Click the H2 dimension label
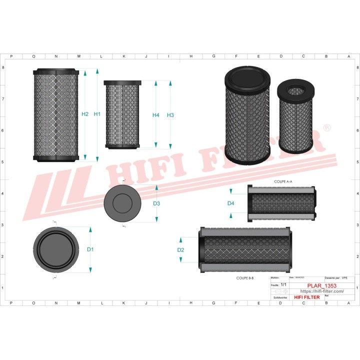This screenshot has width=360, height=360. click(85, 114)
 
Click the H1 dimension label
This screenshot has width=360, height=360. click(97, 114)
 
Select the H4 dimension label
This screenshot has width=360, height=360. click(156, 115)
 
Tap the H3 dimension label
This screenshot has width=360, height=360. click(170, 115)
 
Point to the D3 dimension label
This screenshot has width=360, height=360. click(156, 203)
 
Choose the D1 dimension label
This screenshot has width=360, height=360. click(90, 249)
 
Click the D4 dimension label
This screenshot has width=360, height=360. click(230, 203)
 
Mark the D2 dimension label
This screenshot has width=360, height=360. click(181, 249)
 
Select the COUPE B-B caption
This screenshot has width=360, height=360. click(245, 277)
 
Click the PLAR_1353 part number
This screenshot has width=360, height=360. click(321, 286)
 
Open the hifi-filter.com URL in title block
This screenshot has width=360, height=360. click(321, 291)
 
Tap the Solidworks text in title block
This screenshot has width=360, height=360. click(280, 297)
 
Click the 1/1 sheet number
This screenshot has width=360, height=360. click(283, 285)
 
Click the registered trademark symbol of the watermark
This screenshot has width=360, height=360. click(326, 128)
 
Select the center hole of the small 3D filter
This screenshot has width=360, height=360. click(295, 91)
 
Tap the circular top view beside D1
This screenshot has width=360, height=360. click(56, 249)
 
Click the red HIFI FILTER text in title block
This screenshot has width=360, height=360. click(306, 297)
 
